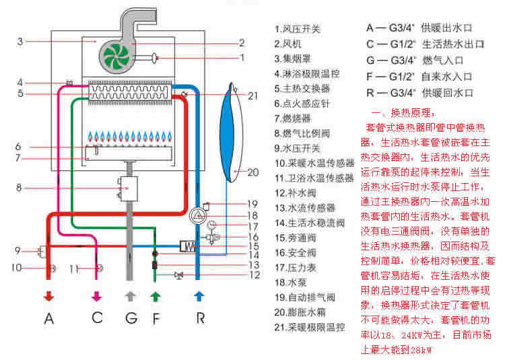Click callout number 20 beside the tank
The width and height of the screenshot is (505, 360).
click(252, 172)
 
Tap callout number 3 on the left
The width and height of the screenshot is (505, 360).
click(21, 42)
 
